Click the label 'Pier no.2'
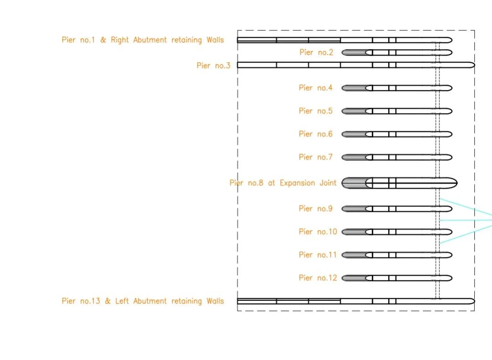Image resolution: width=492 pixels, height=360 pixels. (x=316, y=52)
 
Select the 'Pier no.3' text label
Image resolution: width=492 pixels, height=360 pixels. (x=213, y=66)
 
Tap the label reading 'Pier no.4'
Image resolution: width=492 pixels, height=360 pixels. (x=316, y=87)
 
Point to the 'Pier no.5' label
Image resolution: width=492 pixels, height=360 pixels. (x=316, y=111)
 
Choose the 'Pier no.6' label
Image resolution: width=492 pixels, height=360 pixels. (x=316, y=134)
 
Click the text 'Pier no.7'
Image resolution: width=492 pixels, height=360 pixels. (x=316, y=157)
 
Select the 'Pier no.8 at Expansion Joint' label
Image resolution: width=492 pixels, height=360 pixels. (x=283, y=183)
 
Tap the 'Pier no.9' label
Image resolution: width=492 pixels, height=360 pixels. (x=316, y=209)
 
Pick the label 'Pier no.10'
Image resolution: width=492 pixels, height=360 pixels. (x=318, y=231)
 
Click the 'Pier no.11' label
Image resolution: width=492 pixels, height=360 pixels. (x=318, y=255)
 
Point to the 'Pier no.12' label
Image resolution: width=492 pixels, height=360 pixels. (x=318, y=278)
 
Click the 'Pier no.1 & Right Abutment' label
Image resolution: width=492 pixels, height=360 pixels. (x=143, y=40)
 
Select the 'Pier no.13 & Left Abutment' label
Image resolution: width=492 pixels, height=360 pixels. (x=143, y=301)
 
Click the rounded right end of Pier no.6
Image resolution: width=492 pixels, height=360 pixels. (x=449, y=134)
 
